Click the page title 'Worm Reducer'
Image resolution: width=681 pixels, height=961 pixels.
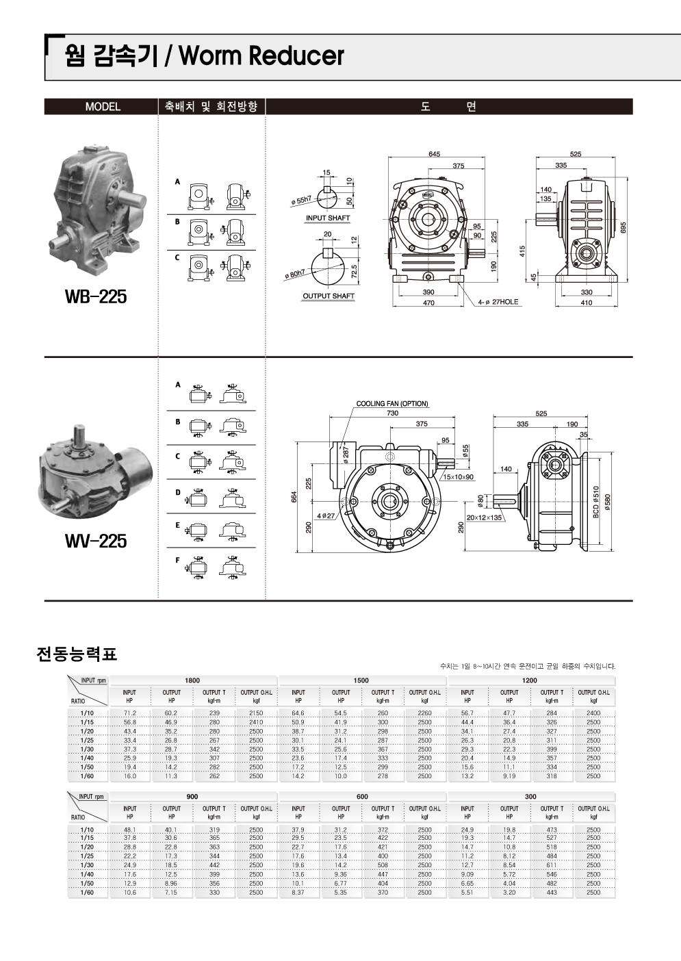260,56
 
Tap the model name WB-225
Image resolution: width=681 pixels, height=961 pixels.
95,297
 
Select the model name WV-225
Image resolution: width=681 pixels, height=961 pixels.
95,541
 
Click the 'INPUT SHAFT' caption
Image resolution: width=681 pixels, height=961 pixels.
328,218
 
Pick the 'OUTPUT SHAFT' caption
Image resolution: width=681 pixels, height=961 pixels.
329,296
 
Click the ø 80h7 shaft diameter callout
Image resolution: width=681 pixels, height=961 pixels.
298,274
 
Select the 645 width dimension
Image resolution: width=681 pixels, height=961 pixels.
434,154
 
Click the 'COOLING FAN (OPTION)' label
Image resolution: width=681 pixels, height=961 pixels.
392,404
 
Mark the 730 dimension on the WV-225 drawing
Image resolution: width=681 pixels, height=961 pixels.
392,413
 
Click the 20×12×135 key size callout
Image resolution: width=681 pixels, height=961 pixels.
484,517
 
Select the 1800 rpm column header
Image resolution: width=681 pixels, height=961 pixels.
192,680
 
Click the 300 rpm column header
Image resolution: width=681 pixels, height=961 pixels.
530,797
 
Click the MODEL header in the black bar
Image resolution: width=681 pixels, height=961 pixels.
103,107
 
